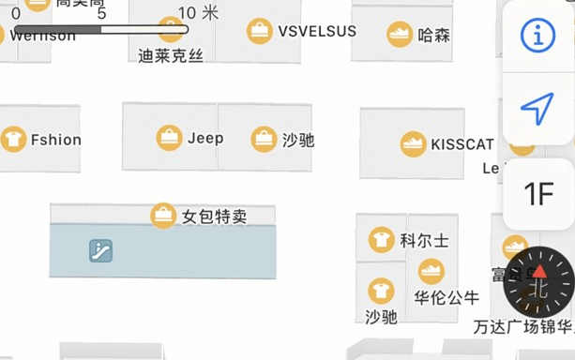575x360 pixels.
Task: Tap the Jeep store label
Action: (x=205, y=139)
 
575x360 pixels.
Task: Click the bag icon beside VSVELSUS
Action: (x=260, y=31)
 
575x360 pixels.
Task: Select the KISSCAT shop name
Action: (x=462, y=144)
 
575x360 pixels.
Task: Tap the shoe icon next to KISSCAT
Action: (x=414, y=144)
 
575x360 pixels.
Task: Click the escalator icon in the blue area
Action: (x=100, y=250)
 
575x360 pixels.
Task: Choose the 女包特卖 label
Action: (x=215, y=217)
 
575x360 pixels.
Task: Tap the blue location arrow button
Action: (x=537, y=109)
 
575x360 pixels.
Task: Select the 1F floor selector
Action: (x=538, y=195)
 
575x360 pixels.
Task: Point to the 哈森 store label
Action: (x=434, y=36)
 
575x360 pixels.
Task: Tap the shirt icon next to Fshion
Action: (x=14, y=140)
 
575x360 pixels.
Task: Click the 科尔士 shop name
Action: (x=424, y=241)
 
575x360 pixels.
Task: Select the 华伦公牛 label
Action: (x=446, y=298)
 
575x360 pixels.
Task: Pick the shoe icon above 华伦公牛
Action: (x=431, y=272)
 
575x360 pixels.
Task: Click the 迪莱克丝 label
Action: (x=171, y=56)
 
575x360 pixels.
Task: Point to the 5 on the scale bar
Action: (x=101, y=13)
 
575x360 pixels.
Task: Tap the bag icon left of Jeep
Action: (x=169, y=138)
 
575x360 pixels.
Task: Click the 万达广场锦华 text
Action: (x=522, y=327)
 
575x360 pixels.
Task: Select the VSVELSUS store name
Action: (x=317, y=31)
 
